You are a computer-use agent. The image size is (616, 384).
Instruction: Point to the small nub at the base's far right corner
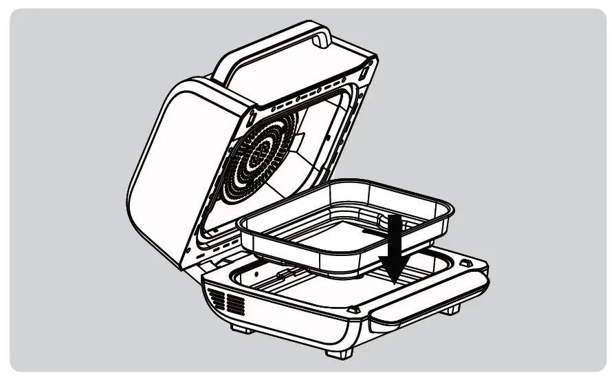coord(465,262)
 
